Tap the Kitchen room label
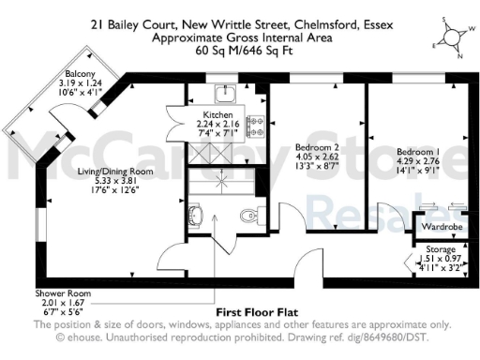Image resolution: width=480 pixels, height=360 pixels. point(217,113)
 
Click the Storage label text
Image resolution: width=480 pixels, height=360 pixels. point(441,249)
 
